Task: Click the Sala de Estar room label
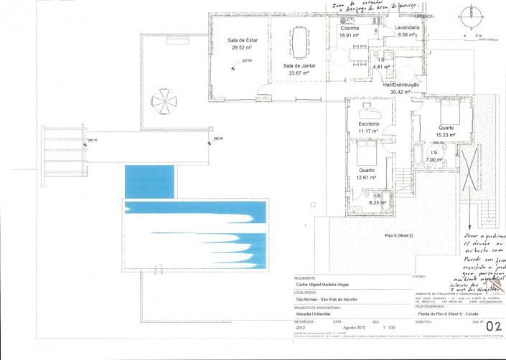(242, 41)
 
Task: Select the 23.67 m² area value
(299, 72)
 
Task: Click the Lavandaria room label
(407, 27)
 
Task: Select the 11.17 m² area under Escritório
(368, 131)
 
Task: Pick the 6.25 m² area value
(378, 202)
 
